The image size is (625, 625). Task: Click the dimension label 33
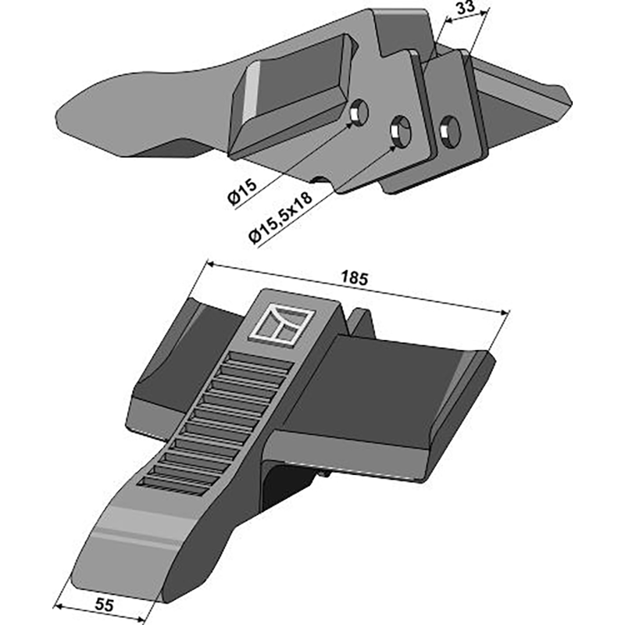click(x=465, y=8)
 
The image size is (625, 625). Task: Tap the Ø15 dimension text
click(x=242, y=192)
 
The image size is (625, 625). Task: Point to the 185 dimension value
click(x=355, y=278)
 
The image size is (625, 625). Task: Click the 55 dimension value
click(x=105, y=605)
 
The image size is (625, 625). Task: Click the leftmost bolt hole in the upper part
click(x=359, y=112)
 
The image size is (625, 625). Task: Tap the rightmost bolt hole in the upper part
click(x=450, y=131)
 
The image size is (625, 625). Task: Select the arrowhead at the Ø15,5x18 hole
click(x=393, y=148)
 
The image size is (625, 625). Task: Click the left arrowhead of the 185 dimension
click(x=209, y=264)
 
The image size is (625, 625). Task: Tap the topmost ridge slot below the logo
click(x=261, y=358)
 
